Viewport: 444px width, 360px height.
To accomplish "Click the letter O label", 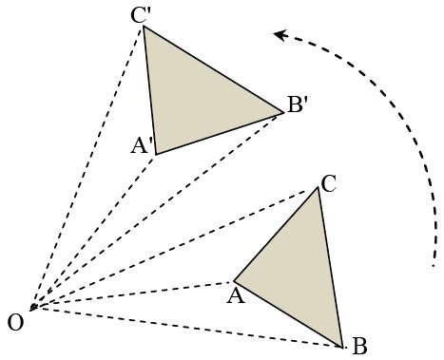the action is pos(15,323).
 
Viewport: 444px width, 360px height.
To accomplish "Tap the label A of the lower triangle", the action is pos(231,296).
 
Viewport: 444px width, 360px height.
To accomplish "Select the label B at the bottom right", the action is pos(359,347).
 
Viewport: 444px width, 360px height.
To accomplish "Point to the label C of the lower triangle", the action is pos(328,183).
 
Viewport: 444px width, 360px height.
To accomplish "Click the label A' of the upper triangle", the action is pos(143,145).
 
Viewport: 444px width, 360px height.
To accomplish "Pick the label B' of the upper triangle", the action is pos(297,104).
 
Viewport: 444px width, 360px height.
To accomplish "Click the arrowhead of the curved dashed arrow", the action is pos(278,35).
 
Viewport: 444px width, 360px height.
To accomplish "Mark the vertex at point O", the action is pos(31,310).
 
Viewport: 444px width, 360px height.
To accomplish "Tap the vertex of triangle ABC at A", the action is pos(234,281).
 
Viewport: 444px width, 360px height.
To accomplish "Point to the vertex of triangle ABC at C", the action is pos(319,187).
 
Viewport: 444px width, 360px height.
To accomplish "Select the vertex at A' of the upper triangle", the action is pos(157,154).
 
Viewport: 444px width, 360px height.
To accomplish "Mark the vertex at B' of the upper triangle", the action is pos(283,113).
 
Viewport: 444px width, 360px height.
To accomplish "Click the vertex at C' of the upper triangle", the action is pos(144,28).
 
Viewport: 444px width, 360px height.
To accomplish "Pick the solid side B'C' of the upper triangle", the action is pos(213,70).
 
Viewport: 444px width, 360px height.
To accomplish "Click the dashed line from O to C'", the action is pos(87,168).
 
